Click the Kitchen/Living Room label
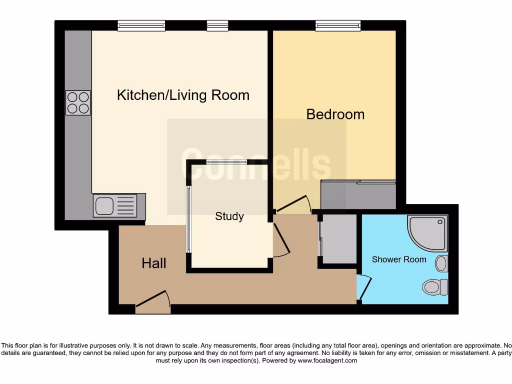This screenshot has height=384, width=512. point(183,95)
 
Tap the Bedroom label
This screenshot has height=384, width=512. point(335,114)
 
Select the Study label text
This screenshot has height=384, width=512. point(229,216)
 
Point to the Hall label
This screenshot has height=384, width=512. point(154,263)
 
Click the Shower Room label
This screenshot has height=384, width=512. point(399,259)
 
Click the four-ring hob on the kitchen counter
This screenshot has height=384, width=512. point(78,102)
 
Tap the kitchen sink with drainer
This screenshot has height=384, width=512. point(114,205)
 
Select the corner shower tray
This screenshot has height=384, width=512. point(427,232)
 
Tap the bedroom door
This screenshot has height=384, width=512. point(294,205)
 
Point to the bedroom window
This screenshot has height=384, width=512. point(338,25)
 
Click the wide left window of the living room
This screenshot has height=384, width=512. point(141,25)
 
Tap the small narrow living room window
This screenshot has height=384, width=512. point(217,25)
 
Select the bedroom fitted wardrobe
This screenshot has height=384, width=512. point(358,194)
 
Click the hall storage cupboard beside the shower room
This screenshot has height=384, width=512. point(339,239)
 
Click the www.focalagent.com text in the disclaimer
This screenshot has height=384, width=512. point(327,360)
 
